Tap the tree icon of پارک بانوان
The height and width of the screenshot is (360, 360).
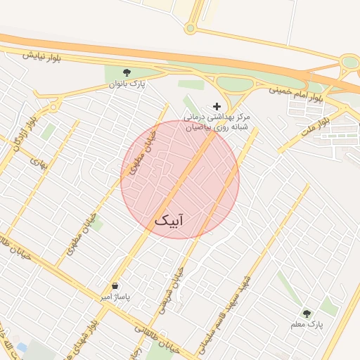[127, 72]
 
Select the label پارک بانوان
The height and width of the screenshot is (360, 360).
[127, 84]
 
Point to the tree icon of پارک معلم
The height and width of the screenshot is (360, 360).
[306, 313]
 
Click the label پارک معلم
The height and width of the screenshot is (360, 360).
[307, 325]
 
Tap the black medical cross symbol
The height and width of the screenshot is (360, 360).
[217, 105]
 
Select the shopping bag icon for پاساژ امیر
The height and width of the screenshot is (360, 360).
[115, 285]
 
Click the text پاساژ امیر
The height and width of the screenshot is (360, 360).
[115, 297]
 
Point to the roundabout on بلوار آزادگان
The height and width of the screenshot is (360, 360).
[53, 108]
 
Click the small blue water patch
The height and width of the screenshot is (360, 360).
[22, 347]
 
